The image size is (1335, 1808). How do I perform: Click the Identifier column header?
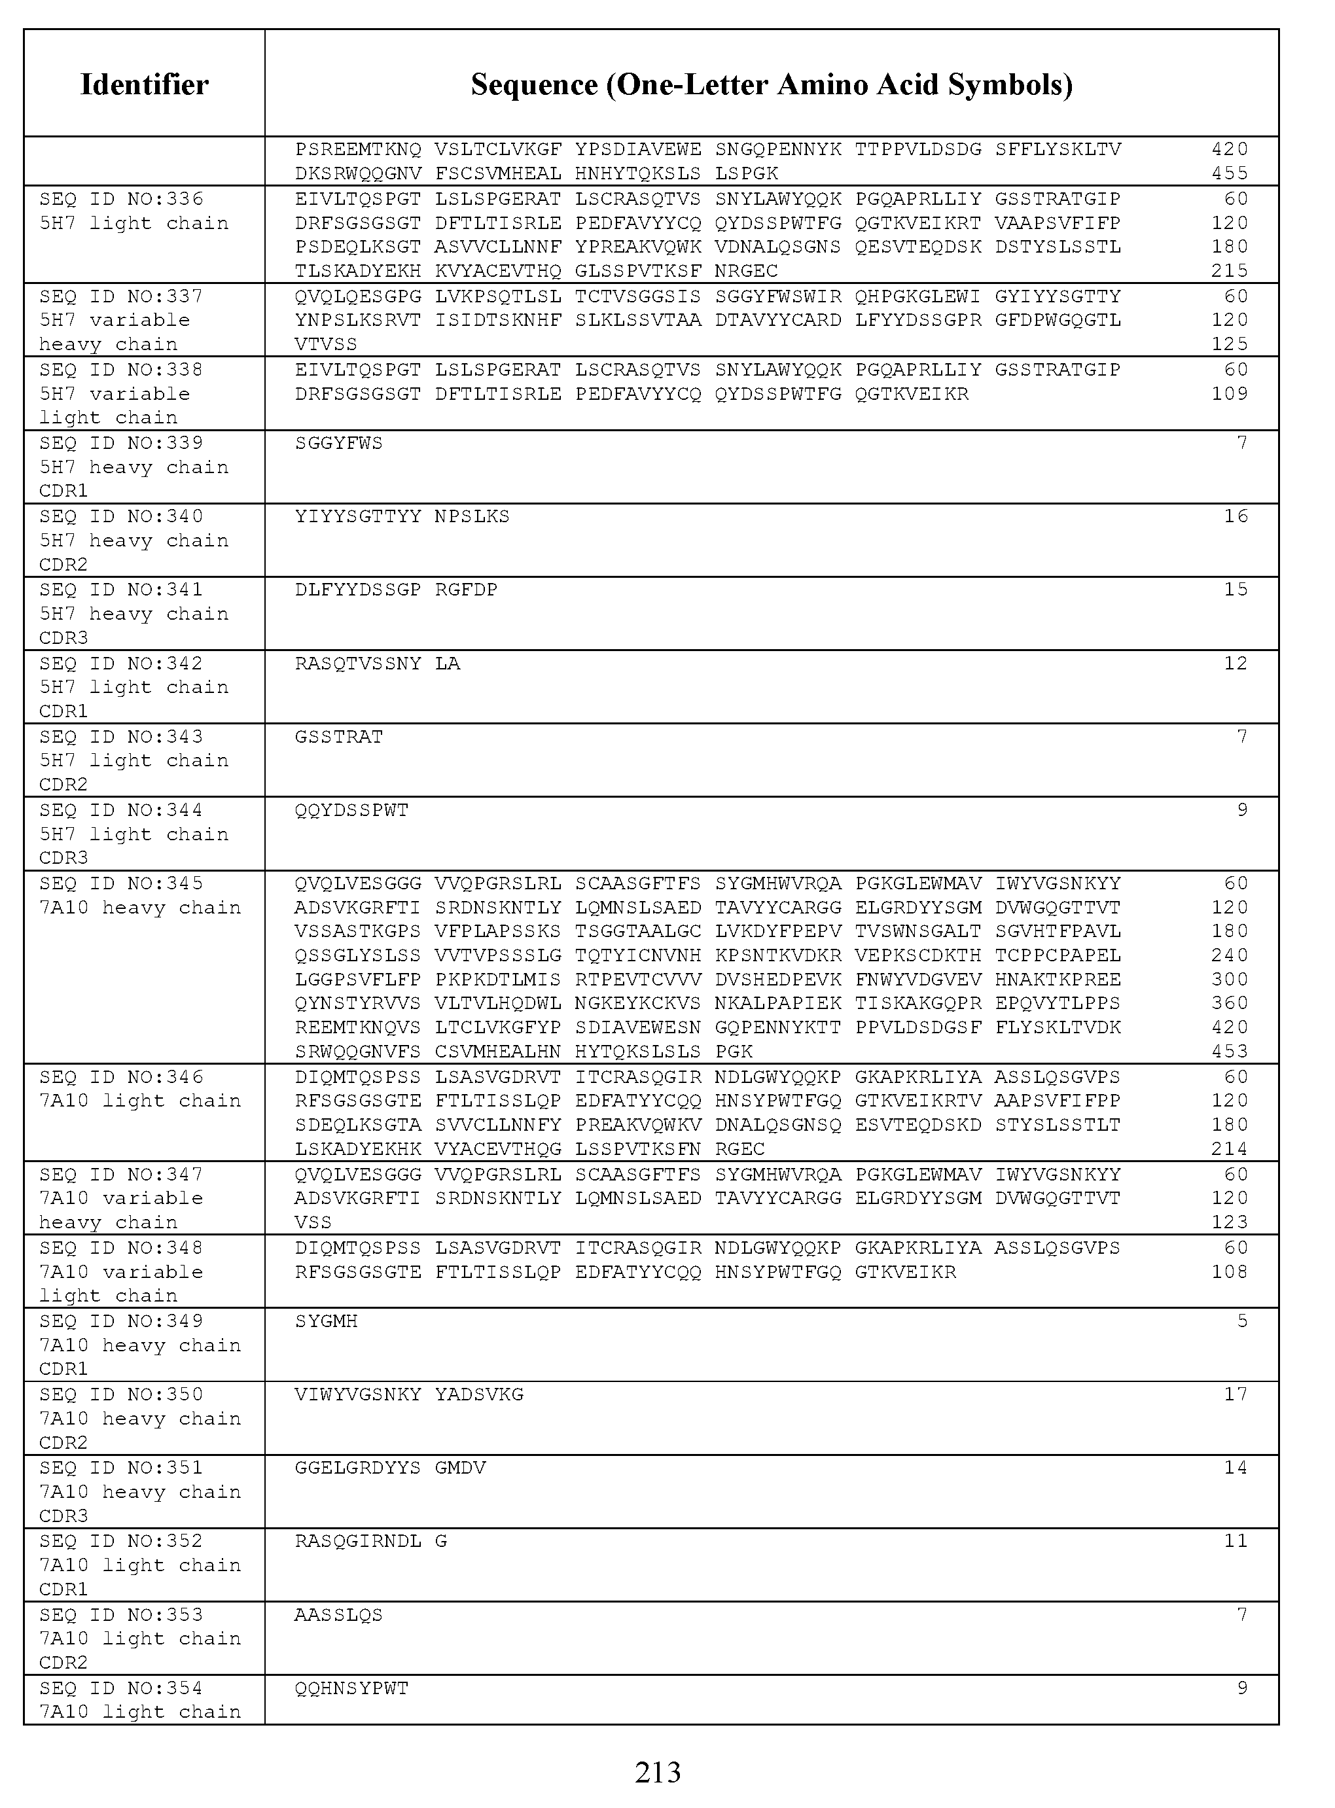(x=144, y=84)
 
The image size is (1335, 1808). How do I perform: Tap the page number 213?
(x=658, y=1771)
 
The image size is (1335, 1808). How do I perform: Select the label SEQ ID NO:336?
(x=121, y=199)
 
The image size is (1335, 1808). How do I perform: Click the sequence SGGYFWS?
(x=338, y=443)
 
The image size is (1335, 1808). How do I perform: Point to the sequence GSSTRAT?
(x=338, y=737)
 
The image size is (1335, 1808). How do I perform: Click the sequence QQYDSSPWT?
(x=351, y=809)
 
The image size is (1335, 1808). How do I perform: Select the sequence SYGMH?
(x=326, y=1321)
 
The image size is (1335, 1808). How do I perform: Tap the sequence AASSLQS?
(x=338, y=1615)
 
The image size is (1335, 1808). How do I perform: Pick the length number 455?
(x=1229, y=173)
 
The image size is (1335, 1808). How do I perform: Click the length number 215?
(x=1229, y=271)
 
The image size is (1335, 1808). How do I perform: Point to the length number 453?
(x=1229, y=1051)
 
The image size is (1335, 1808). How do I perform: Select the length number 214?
(x=1229, y=1149)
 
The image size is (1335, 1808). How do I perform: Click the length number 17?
(x=1236, y=1394)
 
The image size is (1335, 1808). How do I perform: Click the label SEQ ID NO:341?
(x=121, y=590)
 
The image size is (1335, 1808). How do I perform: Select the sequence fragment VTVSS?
(x=326, y=344)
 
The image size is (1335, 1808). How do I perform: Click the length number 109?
(x=1229, y=393)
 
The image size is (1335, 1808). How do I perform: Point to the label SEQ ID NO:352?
(x=121, y=1542)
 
